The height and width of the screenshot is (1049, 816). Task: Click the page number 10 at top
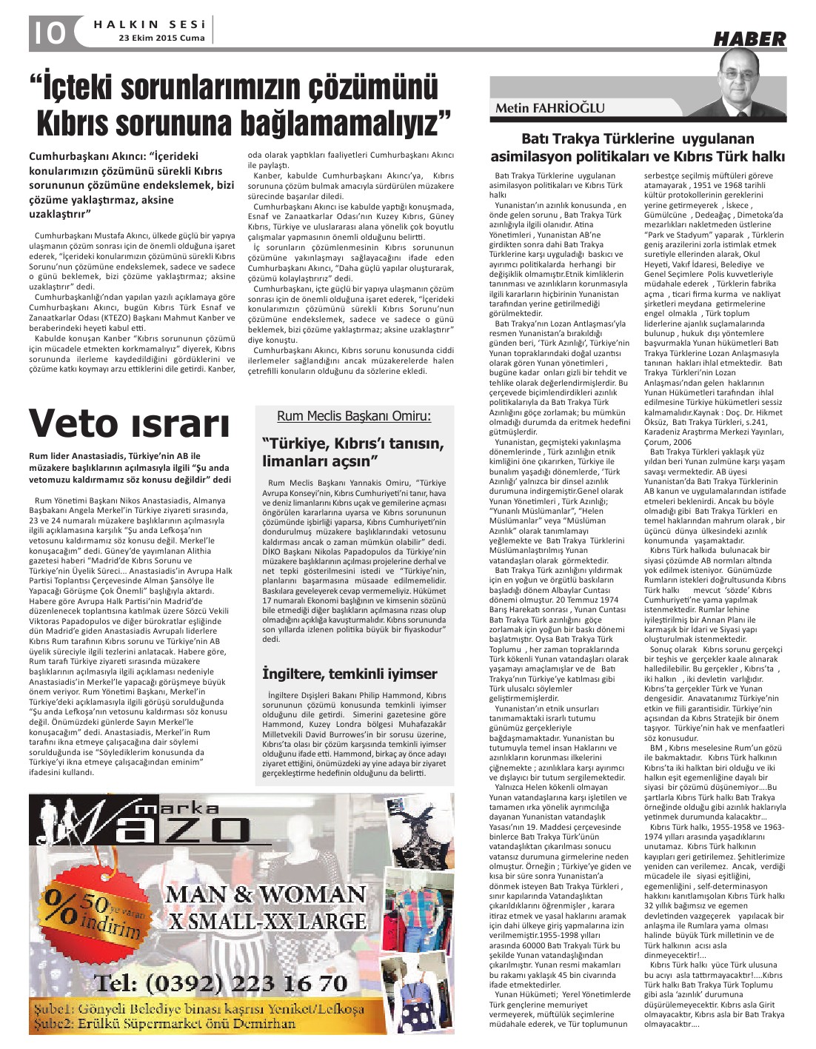pos(47,32)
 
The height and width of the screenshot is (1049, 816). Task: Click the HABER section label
pos(749,39)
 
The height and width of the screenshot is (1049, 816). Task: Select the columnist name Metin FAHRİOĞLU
pos(550,108)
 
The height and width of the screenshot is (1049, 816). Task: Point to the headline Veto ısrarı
pos(129,423)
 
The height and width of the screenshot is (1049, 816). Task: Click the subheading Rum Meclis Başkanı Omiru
pos(354,416)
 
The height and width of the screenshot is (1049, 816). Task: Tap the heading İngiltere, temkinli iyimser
pos(350,674)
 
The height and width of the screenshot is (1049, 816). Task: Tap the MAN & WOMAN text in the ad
pos(265,894)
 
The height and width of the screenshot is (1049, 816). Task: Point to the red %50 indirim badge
pos(93,910)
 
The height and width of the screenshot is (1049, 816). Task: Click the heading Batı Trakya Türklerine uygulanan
pos(638,138)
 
